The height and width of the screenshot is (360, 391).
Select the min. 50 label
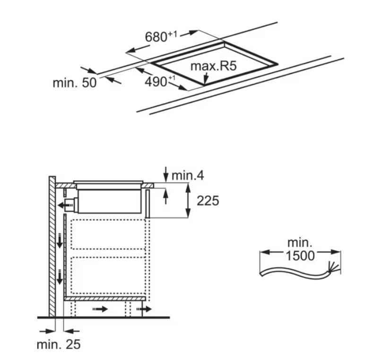pyautogui.click(x=74, y=83)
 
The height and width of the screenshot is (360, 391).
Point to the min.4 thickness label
pyautogui.click(x=187, y=176)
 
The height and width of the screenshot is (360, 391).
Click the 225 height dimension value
pyautogui.click(x=208, y=201)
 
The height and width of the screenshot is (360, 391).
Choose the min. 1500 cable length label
pyautogui.click(x=300, y=249)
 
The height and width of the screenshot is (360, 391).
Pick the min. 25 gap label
pyautogui.click(x=58, y=344)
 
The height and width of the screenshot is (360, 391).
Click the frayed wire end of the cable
pyautogui.click(x=335, y=268)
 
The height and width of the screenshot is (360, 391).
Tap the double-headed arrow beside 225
pyautogui.click(x=188, y=201)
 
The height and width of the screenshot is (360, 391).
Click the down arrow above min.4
pyautogui.click(x=165, y=172)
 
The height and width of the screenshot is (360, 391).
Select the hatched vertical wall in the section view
pyautogui.click(x=52, y=246)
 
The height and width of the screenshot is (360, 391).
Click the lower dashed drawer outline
pyautogui.click(x=109, y=275)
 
